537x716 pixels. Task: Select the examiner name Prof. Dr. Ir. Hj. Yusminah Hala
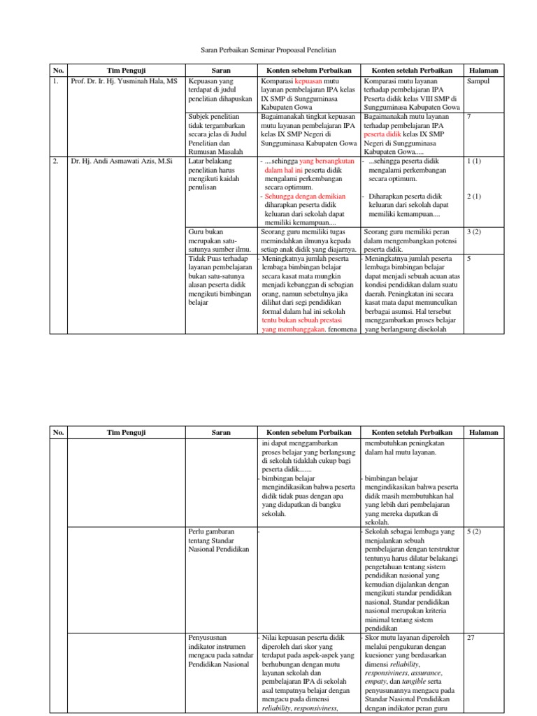pos(124,81)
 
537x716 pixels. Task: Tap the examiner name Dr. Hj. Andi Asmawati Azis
pos(121,161)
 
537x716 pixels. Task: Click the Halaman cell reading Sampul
pos(478,81)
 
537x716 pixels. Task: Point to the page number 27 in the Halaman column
pos(471,638)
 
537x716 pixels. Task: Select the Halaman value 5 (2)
pos(474,531)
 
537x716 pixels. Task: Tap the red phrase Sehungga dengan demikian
pos(305,196)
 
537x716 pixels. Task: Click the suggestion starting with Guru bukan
pos(208,231)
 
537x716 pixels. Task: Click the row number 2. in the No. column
pos(55,161)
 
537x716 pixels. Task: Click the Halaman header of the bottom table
pos(483,432)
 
